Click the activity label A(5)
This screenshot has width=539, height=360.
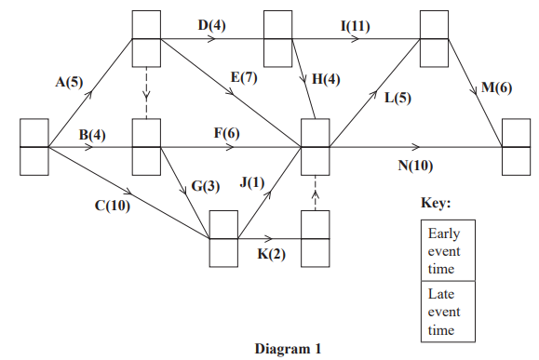pos(68,82)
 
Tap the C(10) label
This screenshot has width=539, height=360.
pos(112,206)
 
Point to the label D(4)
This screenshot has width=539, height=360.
pos(210,25)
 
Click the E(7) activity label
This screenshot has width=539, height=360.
pos(243,77)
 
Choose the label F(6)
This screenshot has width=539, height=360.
pos(226,133)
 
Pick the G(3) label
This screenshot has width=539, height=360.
pos(206,186)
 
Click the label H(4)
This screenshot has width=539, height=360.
pos(326,79)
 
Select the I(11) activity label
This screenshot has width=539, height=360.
pos(354,25)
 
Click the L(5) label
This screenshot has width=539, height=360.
pos(398,97)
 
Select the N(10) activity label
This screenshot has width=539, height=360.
pos(414,167)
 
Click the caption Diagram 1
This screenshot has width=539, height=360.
pos(288,349)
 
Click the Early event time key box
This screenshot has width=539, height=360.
pos(448,249)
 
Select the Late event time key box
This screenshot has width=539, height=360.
pos(448,312)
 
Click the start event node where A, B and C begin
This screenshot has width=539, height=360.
pos(34,147)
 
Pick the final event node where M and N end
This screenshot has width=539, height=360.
pos(516,147)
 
